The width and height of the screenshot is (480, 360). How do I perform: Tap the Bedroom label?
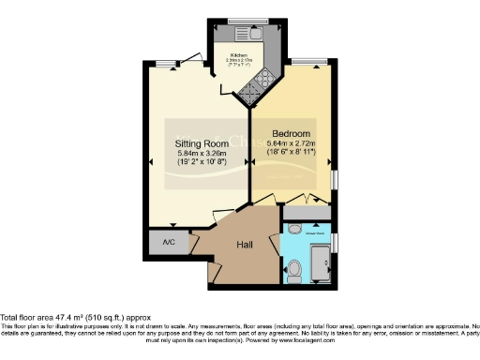291,134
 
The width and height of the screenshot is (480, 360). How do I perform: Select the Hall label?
245,245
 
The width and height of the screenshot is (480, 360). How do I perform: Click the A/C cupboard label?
169,242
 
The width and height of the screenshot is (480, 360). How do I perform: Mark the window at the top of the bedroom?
303,63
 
